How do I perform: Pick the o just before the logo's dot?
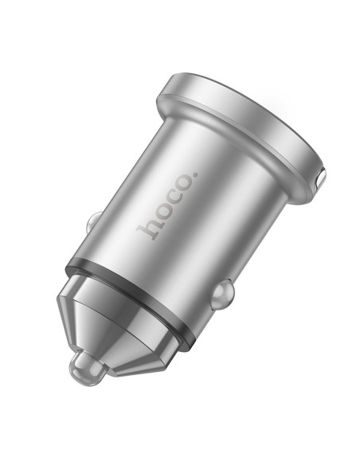186,184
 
